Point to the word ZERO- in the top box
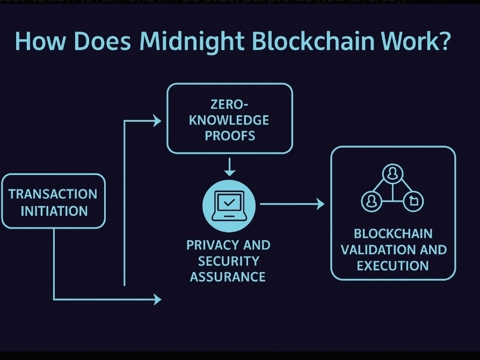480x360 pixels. point(230,104)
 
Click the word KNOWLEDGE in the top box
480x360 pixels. point(229,120)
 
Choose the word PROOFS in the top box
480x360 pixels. point(230,135)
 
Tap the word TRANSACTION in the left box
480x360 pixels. point(53,194)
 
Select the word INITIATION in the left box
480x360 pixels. point(54,211)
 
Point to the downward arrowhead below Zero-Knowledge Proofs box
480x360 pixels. point(230,172)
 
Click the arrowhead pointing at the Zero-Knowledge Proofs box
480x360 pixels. point(157,121)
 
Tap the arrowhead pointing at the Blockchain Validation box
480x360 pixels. point(321,204)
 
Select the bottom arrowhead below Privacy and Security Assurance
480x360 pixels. point(157,299)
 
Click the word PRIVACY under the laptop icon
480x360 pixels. point(207,245)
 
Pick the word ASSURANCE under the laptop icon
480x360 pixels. point(228,277)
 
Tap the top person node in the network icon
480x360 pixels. point(392,173)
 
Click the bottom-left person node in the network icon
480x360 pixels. point(371,201)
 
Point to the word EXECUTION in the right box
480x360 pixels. point(392,266)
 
